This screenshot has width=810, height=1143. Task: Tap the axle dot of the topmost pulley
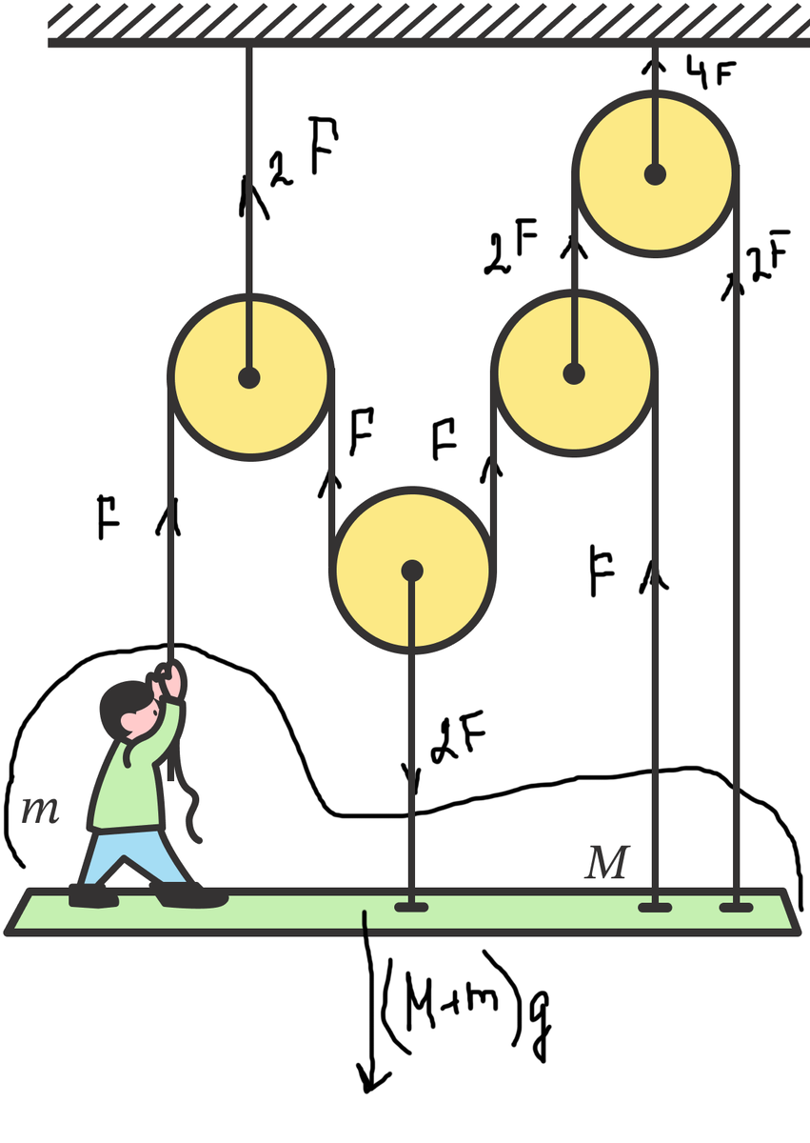pos(655,174)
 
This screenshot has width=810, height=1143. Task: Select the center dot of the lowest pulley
pos(411,571)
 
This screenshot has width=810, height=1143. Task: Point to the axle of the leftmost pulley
pos(248,377)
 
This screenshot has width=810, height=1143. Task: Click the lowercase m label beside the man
pos(39,811)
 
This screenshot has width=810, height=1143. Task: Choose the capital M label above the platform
pos(606,862)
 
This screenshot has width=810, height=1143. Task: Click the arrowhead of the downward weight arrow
pos(372,1081)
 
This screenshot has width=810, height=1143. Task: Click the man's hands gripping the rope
pos(169,678)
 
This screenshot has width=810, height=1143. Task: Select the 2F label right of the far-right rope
pos(769,256)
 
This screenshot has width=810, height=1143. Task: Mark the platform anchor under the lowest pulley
pos(411,907)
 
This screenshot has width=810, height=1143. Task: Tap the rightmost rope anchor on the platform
pos(736,907)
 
